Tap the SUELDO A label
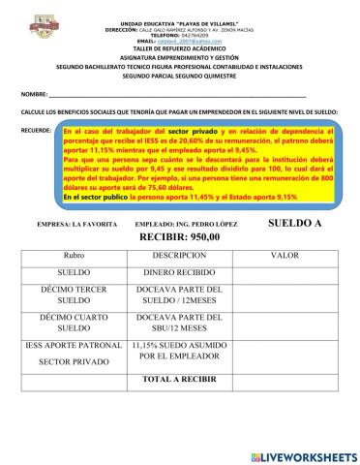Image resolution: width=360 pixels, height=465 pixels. click(x=291, y=222)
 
